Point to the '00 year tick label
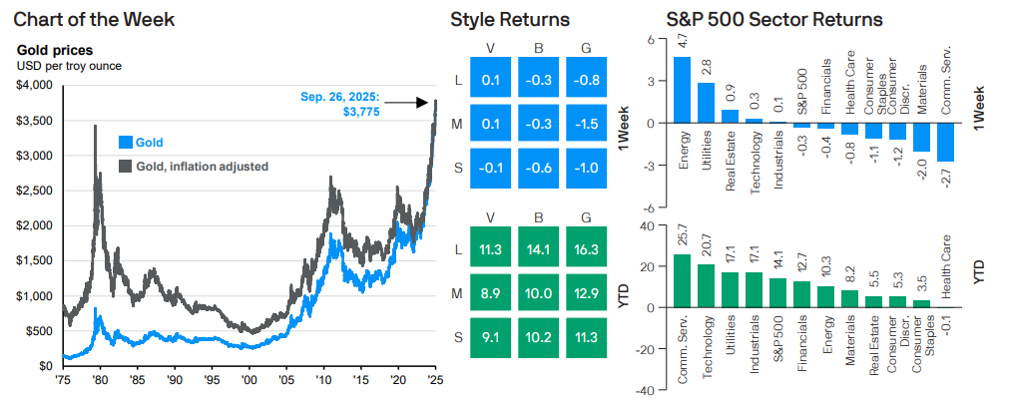(x=250, y=380)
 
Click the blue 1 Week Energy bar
(x=682, y=90)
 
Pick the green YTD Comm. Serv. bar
(x=682, y=280)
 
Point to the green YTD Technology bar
(x=706, y=285)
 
